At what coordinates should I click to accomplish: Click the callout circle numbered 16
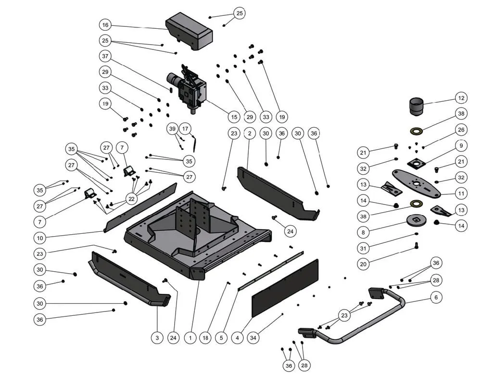[x=106, y=24]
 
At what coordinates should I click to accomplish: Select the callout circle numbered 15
[x=234, y=116]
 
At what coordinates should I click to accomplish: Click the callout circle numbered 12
[x=461, y=98]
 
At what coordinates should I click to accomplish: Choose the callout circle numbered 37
[x=106, y=56]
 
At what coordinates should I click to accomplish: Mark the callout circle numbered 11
[x=461, y=193]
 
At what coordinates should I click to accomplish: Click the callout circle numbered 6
[x=436, y=298]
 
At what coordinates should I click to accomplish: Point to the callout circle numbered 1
[x=190, y=338]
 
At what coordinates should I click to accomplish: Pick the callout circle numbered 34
[x=253, y=338]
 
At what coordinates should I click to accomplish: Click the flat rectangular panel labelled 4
[x=285, y=288]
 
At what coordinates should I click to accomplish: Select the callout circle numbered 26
[x=461, y=130]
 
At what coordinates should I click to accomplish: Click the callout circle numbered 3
[x=157, y=338]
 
